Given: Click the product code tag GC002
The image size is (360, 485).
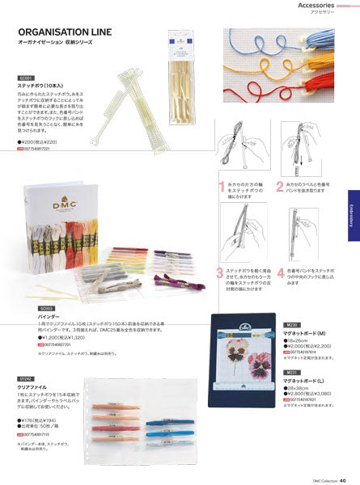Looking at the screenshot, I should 46,308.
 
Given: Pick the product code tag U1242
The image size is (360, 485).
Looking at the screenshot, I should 25,377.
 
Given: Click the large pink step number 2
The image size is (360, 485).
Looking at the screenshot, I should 279,187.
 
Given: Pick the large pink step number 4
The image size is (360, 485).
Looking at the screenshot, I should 279,272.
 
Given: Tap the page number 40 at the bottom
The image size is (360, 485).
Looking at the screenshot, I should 343,479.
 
